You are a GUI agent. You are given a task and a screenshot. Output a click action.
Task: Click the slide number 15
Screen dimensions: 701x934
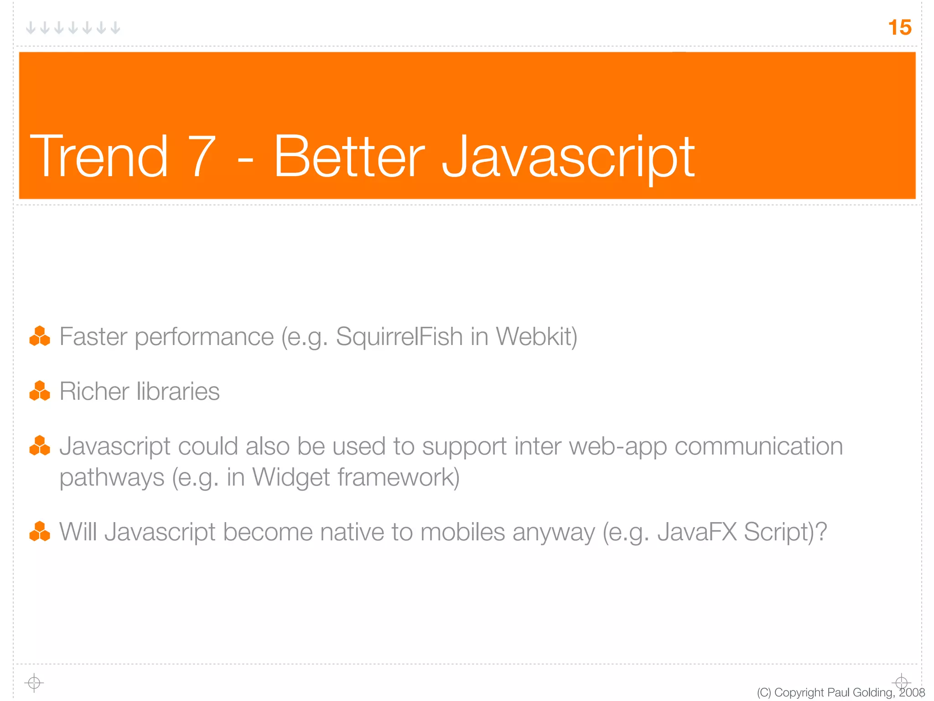[899, 27]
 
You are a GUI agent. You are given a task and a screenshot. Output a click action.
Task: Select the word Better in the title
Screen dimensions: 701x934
[349, 156]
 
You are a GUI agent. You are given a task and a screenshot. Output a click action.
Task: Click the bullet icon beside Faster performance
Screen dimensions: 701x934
[40, 336]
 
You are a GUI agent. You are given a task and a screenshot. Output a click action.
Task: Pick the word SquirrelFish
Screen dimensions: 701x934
[400, 337]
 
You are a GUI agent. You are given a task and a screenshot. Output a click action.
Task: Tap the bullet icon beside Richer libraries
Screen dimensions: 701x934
[40, 391]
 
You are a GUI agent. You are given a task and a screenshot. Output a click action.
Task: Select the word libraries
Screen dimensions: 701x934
[178, 392]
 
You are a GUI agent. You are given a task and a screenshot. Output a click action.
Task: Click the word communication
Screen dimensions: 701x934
[758, 446]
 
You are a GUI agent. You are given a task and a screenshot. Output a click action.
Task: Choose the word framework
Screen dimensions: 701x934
[398, 477]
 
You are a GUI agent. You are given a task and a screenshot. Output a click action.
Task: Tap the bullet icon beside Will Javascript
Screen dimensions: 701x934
[40, 532]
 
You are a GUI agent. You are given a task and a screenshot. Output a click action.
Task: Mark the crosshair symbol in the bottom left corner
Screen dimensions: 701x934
[34, 683]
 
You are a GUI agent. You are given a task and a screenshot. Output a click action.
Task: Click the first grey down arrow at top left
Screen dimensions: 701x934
[31, 28]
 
